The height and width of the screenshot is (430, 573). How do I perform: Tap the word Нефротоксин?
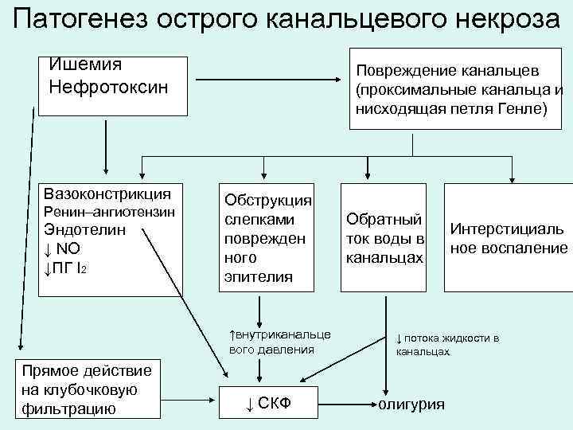pos(109,85)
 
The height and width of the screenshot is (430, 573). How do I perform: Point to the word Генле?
pos(523,107)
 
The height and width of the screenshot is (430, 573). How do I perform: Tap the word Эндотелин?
pos(85,231)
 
